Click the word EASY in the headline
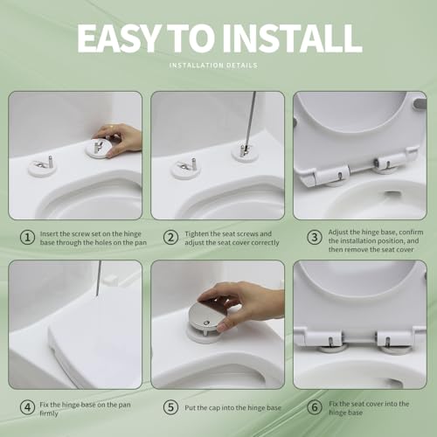[x=118, y=38]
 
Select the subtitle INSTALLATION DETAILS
[x=213, y=66]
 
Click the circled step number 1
[x=27, y=237]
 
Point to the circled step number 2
[x=170, y=237]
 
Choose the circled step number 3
[x=315, y=237]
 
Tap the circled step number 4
[x=27, y=407]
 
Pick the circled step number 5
[x=170, y=407]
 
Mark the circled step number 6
[x=315, y=407]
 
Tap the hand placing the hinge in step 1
[x=120, y=138]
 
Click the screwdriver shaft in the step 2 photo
[x=250, y=120]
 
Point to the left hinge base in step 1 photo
[x=43, y=168]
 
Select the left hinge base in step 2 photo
[x=185, y=170]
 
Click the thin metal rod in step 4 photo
[x=99, y=278]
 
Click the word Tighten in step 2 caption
[x=197, y=234]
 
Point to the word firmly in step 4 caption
[x=49, y=413]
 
